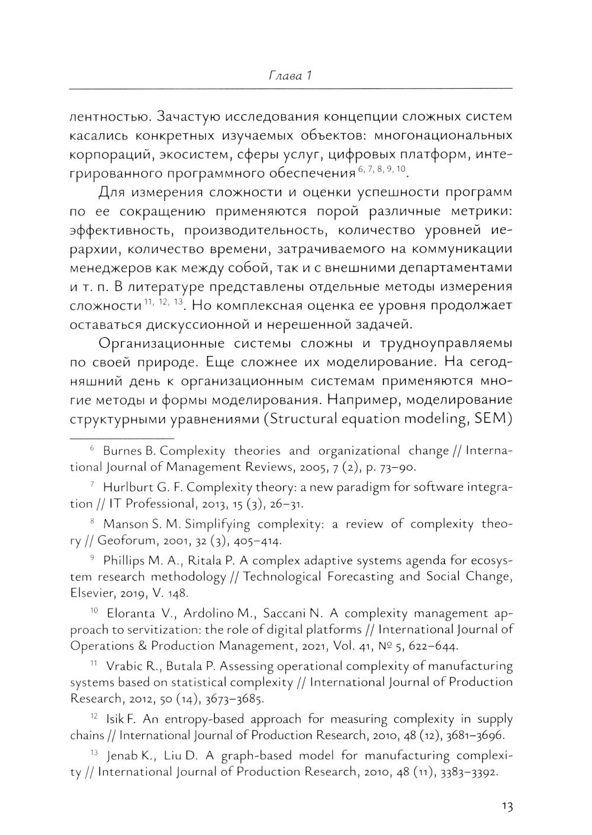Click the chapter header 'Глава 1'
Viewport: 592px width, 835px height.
coord(290,76)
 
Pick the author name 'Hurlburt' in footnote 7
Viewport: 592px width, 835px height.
coord(127,488)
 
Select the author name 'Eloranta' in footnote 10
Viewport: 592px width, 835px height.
coord(133,613)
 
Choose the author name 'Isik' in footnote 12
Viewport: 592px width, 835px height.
coord(114,720)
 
